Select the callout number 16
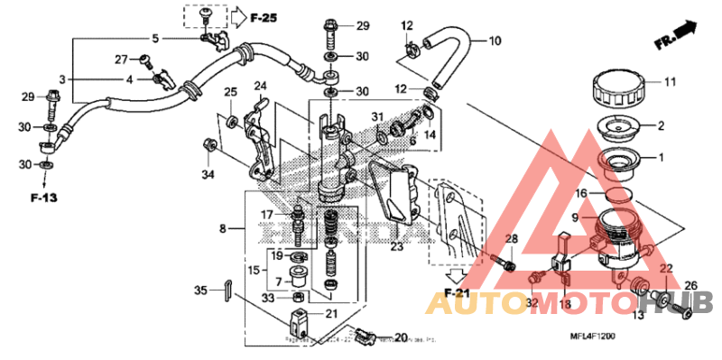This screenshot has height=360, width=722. (x=583, y=193)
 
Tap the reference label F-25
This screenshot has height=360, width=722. (x=263, y=17)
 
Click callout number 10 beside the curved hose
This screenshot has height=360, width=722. (x=494, y=42)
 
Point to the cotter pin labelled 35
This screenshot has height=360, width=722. (x=229, y=289)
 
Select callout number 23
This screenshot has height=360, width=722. (x=396, y=245)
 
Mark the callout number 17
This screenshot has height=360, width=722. (x=267, y=214)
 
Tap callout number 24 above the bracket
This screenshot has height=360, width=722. (x=261, y=87)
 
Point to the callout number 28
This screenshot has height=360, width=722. (x=511, y=239)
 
